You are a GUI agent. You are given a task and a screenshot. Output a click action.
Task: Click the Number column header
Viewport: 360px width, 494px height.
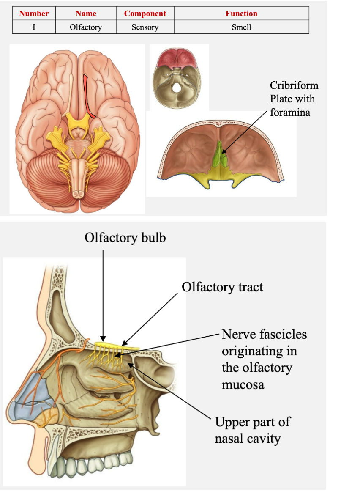(x=34, y=14)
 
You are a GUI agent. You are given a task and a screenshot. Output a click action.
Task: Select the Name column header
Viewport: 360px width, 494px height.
(x=86, y=14)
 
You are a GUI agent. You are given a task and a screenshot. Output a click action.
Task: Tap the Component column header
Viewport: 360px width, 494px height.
(x=145, y=14)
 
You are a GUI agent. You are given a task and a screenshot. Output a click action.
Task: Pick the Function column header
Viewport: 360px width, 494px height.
(x=241, y=14)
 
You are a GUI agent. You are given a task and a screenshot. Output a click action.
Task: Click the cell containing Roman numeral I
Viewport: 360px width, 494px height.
(x=34, y=27)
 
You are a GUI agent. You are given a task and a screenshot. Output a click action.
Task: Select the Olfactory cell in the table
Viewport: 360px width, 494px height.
(x=86, y=27)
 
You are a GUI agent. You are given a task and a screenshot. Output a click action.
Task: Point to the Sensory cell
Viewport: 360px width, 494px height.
(x=145, y=27)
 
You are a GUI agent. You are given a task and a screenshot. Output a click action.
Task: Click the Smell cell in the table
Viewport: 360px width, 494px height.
(x=241, y=27)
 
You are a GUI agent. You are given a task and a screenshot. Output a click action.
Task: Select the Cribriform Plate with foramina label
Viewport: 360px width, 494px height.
(x=293, y=99)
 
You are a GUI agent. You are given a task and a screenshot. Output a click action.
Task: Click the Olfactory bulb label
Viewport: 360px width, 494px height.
(x=125, y=238)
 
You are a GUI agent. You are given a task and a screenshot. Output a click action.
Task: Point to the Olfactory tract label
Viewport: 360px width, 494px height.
(x=222, y=287)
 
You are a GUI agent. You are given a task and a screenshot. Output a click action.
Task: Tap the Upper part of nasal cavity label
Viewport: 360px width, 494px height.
(x=252, y=430)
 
